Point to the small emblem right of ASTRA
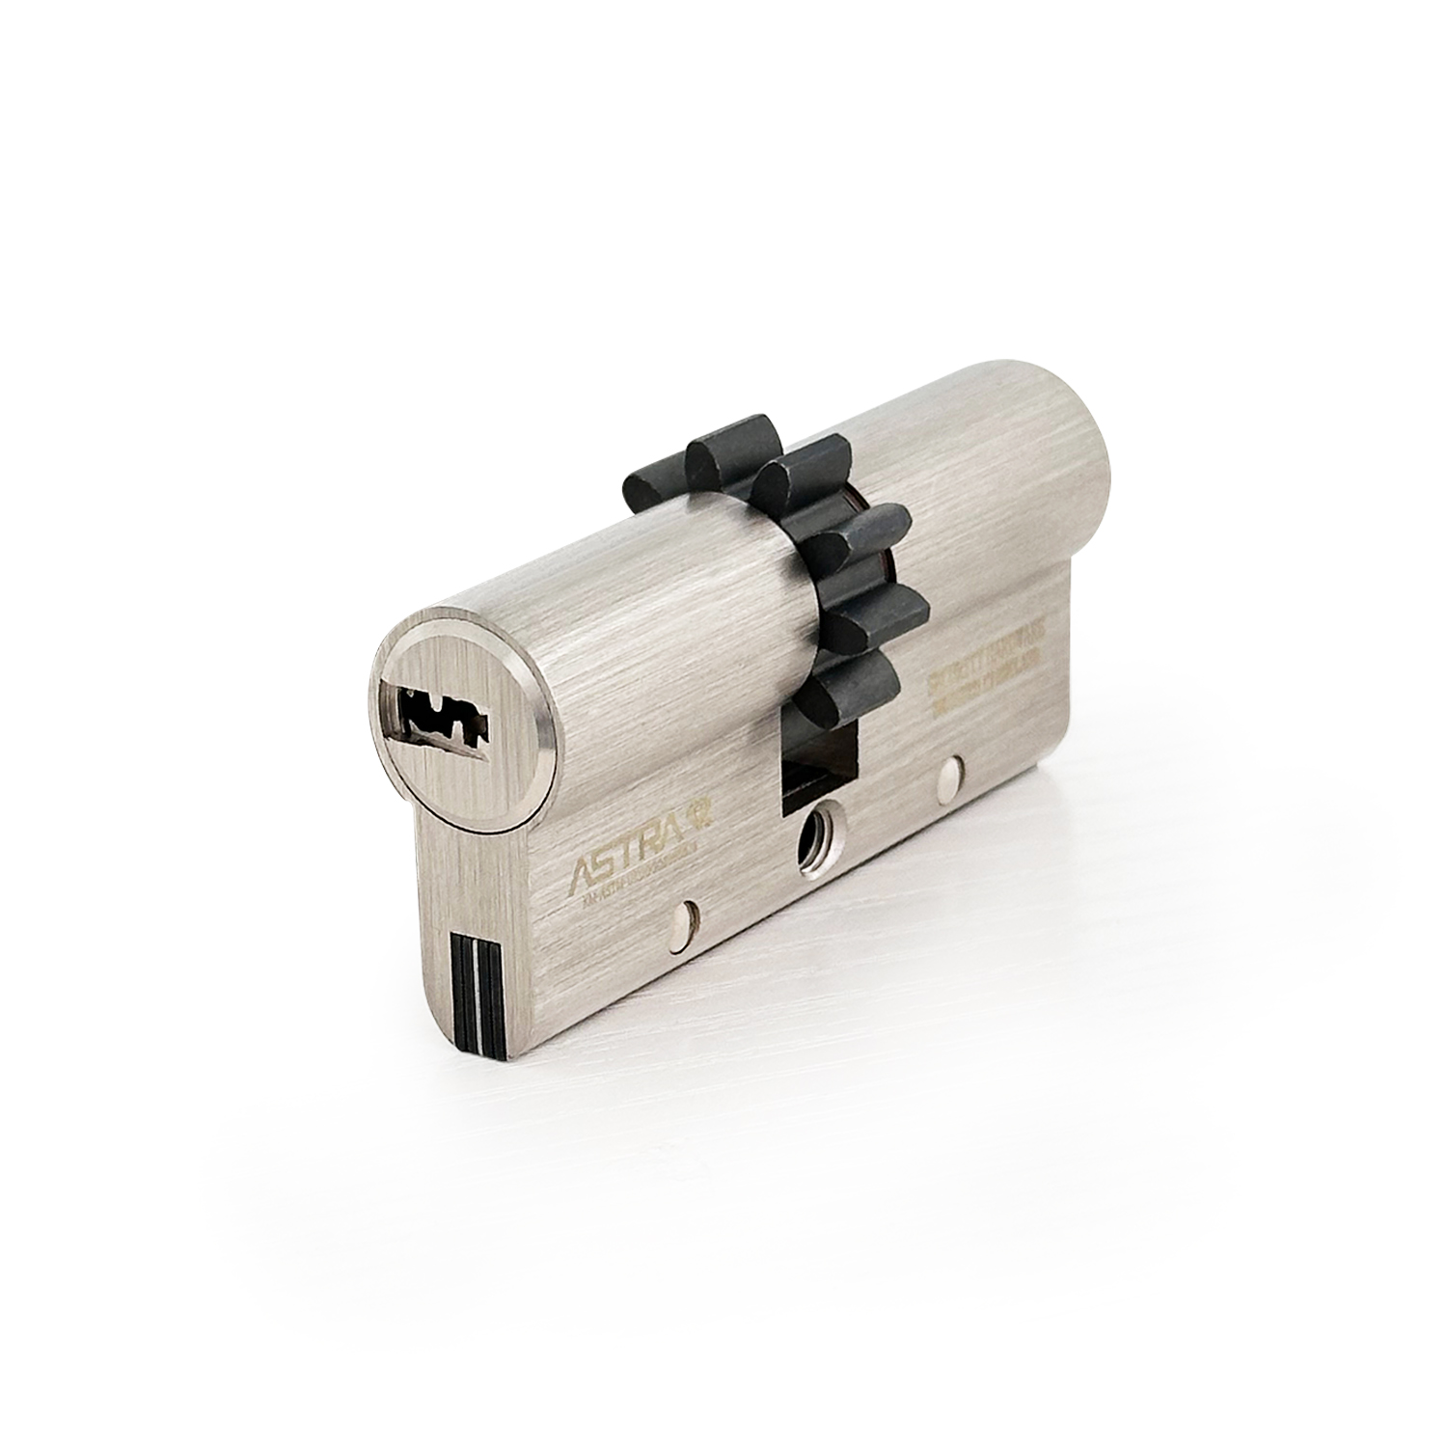[702, 811]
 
